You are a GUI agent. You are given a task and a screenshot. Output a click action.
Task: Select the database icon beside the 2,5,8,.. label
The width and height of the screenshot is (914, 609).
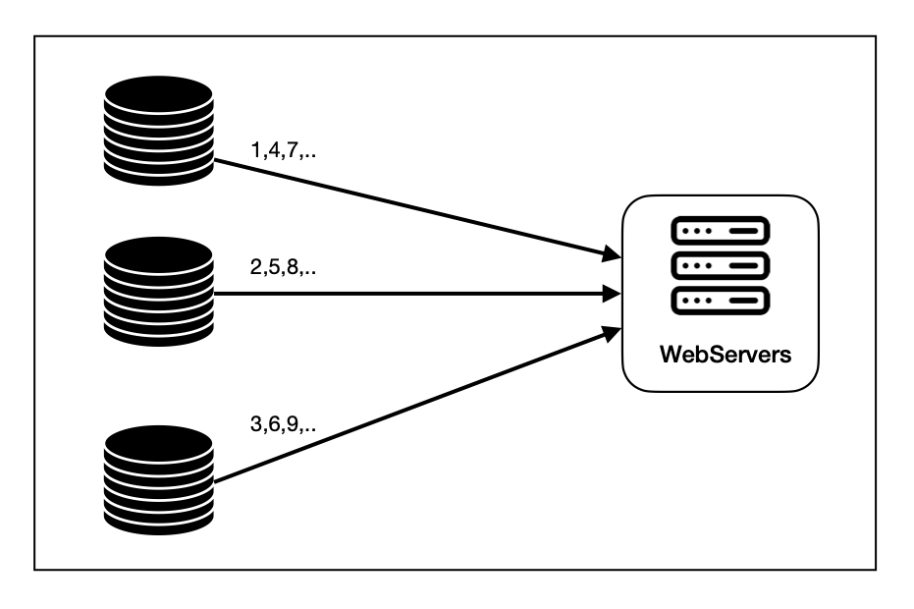tap(158, 292)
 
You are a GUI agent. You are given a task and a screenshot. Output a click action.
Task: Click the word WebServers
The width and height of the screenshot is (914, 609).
tap(724, 356)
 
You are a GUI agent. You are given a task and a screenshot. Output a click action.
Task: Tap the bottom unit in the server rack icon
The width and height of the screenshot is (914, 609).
tap(720, 300)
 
